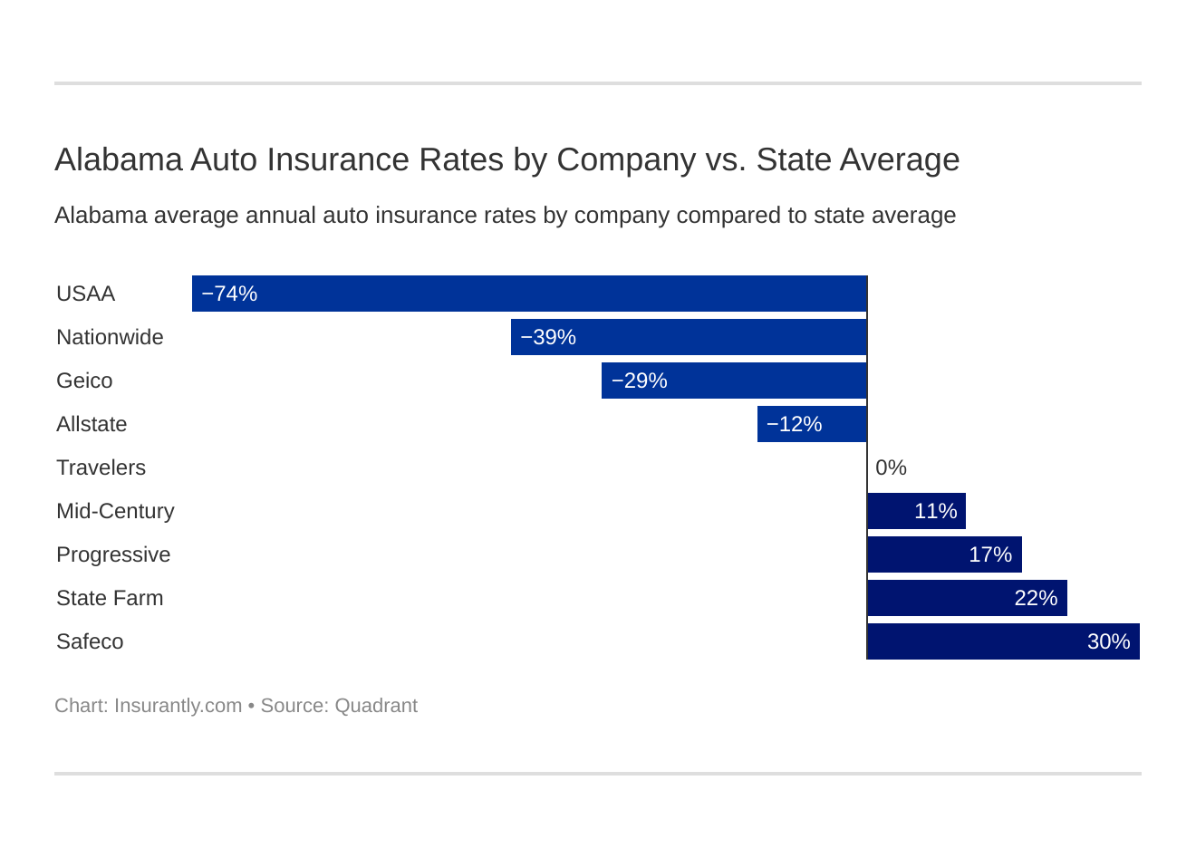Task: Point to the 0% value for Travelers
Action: tap(891, 467)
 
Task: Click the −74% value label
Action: tap(229, 294)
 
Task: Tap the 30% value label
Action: tap(1108, 641)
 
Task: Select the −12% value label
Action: tap(794, 424)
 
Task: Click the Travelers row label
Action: tap(101, 467)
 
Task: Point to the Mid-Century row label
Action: tap(115, 511)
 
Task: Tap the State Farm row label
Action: tap(110, 598)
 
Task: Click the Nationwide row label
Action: tap(110, 337)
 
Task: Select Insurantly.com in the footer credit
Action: tap(178, 706)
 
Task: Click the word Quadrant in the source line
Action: tap(376, 706)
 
